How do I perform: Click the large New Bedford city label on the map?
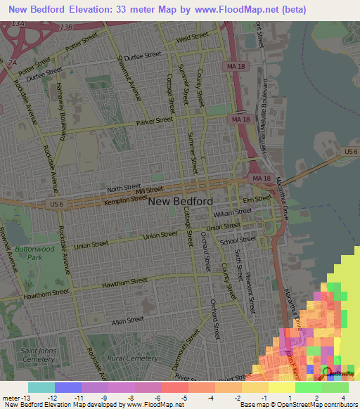coord(181,201)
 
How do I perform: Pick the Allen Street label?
coord(127,320)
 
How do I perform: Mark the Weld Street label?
coord(174,40)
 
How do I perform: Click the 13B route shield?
coord(66,27)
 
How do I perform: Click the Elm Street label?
coord(262,200)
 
